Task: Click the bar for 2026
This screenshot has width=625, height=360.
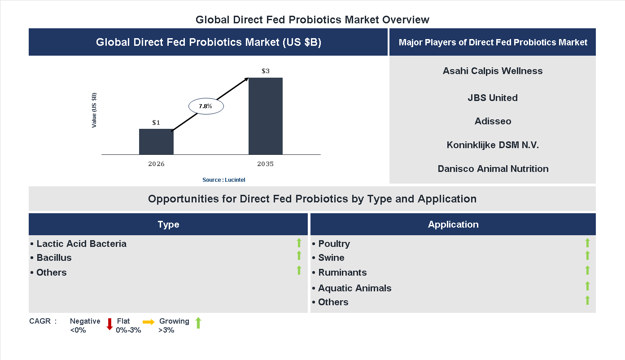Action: click(x=156, y=142)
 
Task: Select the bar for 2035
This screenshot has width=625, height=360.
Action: click(x=266, y=116)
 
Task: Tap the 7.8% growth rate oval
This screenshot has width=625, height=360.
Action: click(x=205, y=106)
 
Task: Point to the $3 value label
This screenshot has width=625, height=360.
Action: click(x=266, y=71)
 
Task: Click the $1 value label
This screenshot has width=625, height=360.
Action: click(x=156, y=122)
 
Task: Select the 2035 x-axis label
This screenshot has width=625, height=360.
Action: click(x=266, y=164)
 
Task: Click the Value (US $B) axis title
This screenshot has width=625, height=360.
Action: click(x=94, y=110)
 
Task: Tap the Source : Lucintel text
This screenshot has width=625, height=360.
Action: click(x=224, y=180)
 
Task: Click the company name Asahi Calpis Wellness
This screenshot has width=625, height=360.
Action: click(x=493, y=71)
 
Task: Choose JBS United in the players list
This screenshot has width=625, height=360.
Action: click(x=493, y=98)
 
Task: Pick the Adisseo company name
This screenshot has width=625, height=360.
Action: click(x=493, y=121)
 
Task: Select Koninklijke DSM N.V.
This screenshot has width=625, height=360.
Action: click(x=493, y=145)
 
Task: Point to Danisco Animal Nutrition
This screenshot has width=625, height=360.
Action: click(x=493, y=169)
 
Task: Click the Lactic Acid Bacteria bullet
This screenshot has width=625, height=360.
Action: click(x=79, y=244)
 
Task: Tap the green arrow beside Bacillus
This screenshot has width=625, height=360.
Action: click(x=299, y=255)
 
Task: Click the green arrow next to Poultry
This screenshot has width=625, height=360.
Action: click(x=587, y=243)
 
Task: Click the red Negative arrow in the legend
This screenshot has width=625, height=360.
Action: click(x=109, y=324)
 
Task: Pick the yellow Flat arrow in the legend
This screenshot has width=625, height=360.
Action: click(x=149, y=322)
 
